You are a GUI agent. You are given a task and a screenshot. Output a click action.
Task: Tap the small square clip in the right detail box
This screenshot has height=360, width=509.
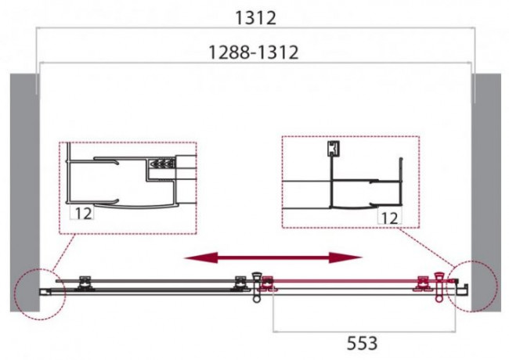tap(332, 148)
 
